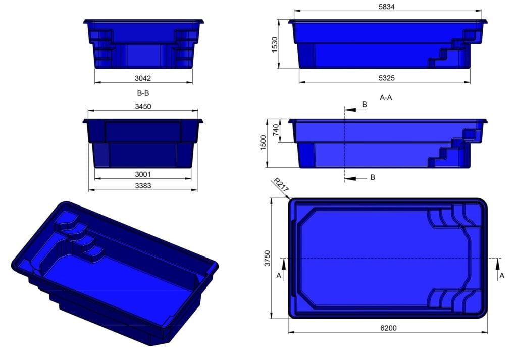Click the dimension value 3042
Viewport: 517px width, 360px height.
coord(143,78)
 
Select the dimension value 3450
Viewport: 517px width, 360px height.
coord(143,106)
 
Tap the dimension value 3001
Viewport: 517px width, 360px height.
coord(143,174)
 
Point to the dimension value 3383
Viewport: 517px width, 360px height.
coord(143,186)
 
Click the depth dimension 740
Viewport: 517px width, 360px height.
coord(276,131)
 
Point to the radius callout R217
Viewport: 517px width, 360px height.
coord(280,185)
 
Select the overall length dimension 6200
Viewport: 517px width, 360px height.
coord(388,328)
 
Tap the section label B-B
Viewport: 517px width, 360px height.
coord(143,93)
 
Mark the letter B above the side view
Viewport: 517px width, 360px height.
coord(365,104)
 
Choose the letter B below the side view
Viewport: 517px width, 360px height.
coord(373,177)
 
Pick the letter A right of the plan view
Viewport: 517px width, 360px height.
coord(501,275)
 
